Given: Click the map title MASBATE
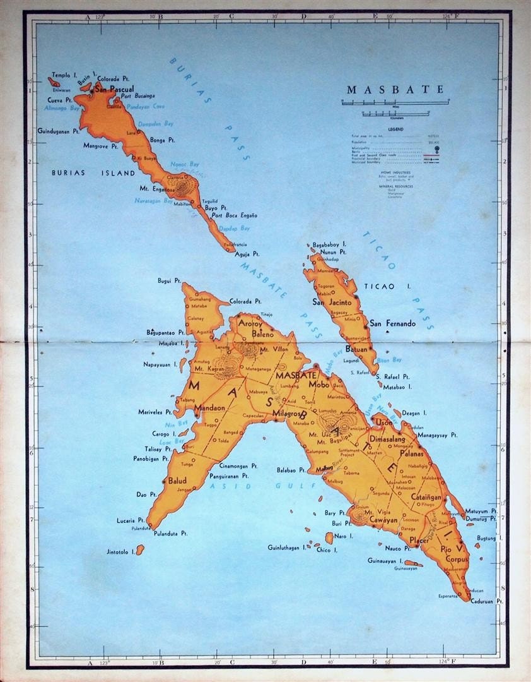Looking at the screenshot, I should (x=394, y=89).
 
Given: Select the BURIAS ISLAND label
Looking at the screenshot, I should (x=93, y=172).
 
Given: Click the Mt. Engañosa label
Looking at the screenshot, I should (x=157, y=188).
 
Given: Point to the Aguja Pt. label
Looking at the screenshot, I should (x=247, y=254).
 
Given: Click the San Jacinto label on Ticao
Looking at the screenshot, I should (x=332, y=302).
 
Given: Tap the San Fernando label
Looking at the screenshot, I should (x=392, y=323).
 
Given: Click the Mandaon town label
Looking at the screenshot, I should (x=209, y=408).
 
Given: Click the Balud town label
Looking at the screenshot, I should (x=177, y=481).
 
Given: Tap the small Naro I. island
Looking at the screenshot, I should (x=329, y=538).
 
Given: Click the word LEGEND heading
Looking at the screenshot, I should (x=395, y=129).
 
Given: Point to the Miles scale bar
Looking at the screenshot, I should (x=395, y=101).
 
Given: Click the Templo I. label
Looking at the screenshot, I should (x=65, y=75).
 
